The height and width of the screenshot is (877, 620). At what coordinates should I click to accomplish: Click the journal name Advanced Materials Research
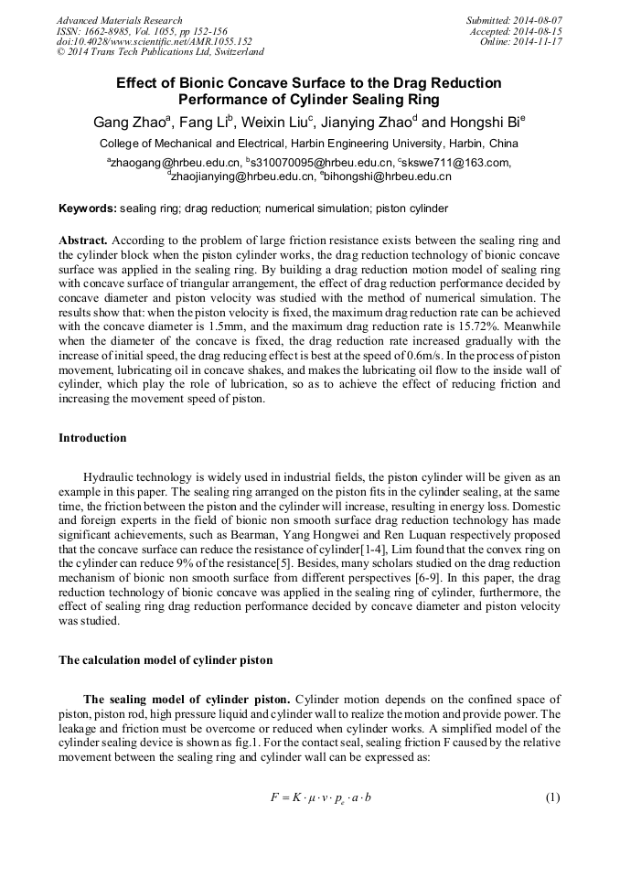pos(120,20)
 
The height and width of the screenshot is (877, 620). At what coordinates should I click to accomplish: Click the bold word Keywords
pos(87,209)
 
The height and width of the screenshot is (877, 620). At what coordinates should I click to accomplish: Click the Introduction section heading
pos(92,438)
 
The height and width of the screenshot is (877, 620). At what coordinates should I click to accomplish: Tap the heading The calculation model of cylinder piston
pos(165,659)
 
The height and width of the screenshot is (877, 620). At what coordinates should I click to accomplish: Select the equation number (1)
pos(551,797)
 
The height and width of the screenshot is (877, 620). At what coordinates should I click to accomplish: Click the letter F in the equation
pos(274,797)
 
